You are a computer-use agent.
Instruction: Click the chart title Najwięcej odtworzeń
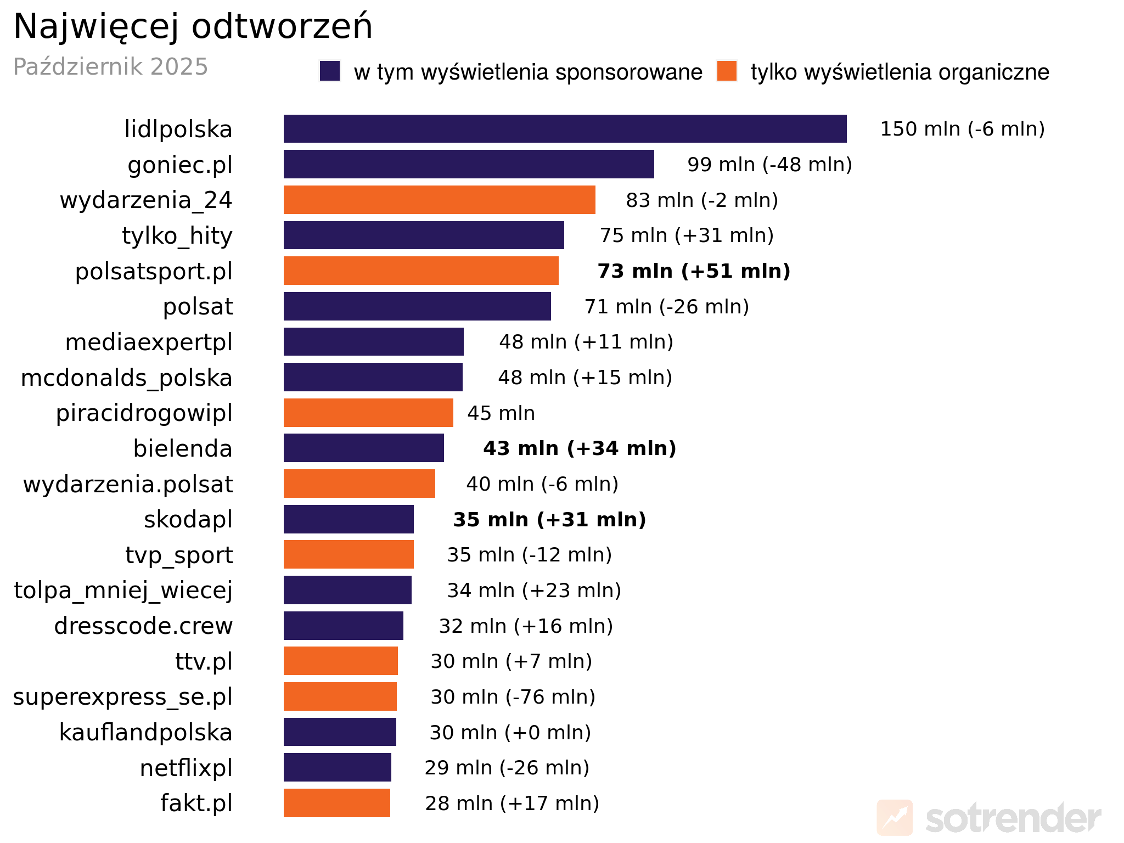point(193,26)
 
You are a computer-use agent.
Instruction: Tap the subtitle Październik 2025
point(110,67)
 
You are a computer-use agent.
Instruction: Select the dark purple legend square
point(330,71)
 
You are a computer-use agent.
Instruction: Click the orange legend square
point(727,71)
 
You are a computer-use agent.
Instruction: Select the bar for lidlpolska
point(565,129)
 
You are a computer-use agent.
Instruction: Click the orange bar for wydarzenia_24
point(439,200)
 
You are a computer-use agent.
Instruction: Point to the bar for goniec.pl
point(469,164)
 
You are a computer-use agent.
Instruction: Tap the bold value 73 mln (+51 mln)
point(694,271)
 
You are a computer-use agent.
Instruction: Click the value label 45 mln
point(501,413)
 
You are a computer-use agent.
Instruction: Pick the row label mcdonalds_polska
point(127,378)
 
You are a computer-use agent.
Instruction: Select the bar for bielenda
point(363,448)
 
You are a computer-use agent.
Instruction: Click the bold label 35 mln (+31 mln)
point(549,520)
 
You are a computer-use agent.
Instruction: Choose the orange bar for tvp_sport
point(349,555)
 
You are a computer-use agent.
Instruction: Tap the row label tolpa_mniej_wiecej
point(123,591)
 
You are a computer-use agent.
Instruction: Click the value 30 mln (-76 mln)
point(513,697)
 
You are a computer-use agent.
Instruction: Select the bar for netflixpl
point(337,768)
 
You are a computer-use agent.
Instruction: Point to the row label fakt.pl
point(196,803)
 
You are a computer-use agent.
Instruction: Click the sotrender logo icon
point(894,818)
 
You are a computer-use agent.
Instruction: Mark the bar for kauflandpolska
point(340,732)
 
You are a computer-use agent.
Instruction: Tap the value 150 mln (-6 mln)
point(962,129)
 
